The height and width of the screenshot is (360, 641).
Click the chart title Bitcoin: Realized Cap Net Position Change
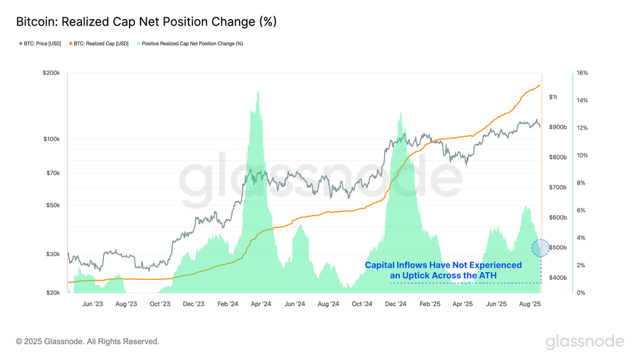pos(146,22)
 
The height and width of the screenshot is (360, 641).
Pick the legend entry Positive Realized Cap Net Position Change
pos(192,44)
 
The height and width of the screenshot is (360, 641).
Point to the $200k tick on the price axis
pos(51,74)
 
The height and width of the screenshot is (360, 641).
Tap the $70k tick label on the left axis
pos(53,173)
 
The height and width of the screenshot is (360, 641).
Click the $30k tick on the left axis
pos(53,254)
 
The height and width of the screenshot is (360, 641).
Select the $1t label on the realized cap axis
pos(553,97)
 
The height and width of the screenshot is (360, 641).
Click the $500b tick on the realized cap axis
pos(557,248)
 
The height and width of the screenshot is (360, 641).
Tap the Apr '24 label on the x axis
pos(260,304)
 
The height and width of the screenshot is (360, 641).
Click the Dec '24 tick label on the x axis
pos(397,304)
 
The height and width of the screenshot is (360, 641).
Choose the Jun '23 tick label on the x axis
pos(93,304)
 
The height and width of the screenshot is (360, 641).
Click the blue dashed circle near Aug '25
pos(540,248)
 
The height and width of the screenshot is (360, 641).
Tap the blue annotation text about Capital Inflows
pos(443,270)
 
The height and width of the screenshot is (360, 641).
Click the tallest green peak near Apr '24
pos(258,93)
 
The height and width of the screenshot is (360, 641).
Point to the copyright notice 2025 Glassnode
pos(87,341)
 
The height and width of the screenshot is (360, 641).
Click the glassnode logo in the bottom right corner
pos(585,341)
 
